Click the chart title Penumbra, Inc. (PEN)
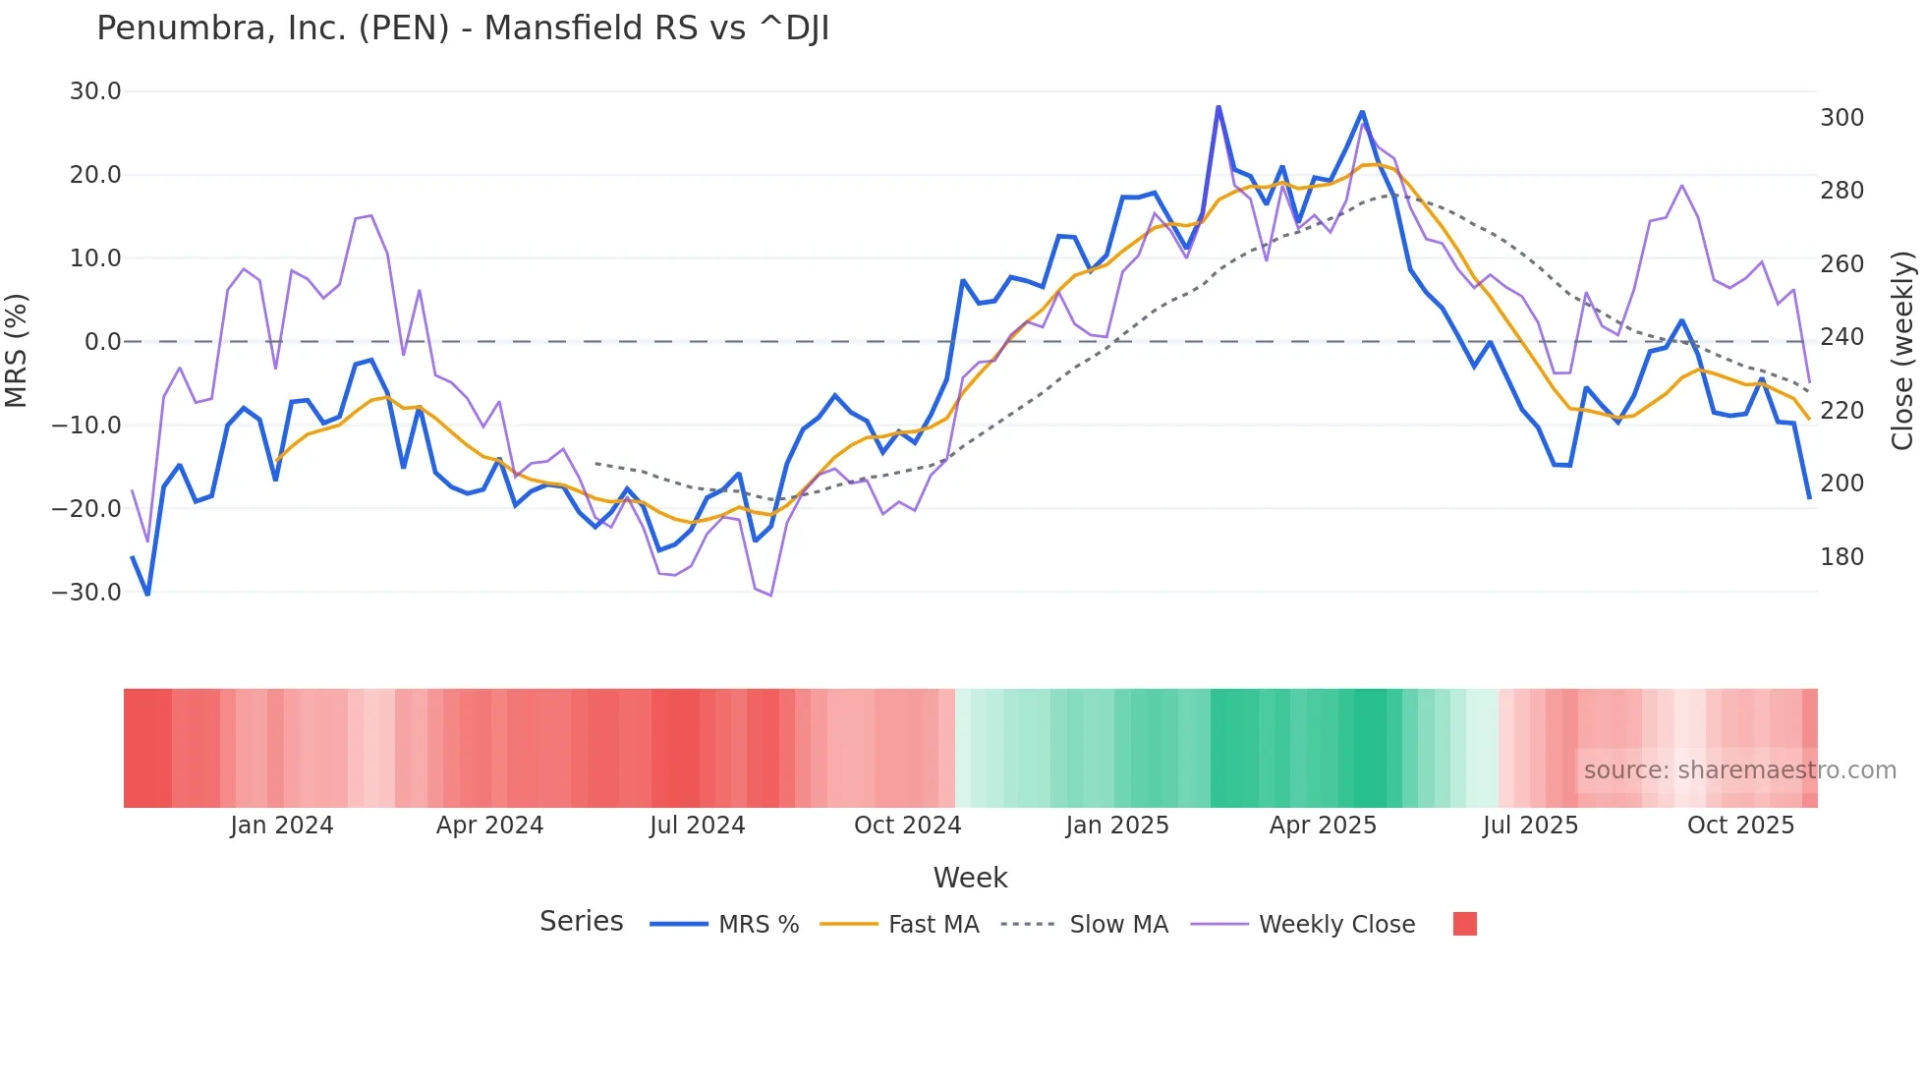463,28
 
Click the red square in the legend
1464,924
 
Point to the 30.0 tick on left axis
95,91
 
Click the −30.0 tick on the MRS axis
86,593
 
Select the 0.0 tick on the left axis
102,342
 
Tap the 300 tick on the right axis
1841,118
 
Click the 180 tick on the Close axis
1841,557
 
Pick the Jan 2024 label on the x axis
282,826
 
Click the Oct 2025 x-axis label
1740,826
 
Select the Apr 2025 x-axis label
1323,826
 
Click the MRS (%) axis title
17,351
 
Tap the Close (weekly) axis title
1902,351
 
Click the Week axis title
970,878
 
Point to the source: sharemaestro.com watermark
1739,770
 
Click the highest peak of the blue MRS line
1218,107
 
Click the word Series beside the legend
581,922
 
